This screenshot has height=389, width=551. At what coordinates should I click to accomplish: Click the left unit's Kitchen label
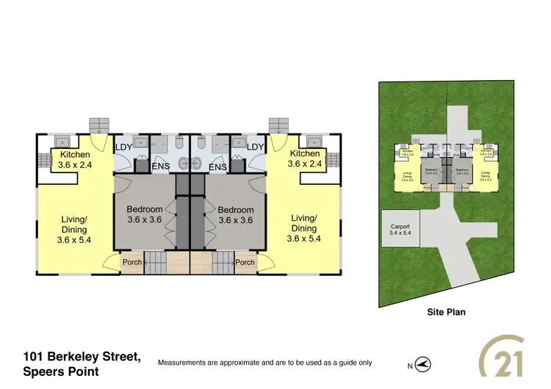[x=76, y=159]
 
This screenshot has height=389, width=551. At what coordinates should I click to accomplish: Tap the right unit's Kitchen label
[x=304, y=159]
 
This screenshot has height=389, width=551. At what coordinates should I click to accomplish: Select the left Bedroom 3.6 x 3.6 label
[x=144, y=214]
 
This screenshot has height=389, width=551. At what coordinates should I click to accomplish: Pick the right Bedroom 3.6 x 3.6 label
[x=236, y=214]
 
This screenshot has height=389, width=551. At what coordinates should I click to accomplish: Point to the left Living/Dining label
[x=76, y=228]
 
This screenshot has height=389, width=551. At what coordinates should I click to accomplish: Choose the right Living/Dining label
[x=303, y=228]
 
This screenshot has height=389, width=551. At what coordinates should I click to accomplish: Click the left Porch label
[x=132, y=262]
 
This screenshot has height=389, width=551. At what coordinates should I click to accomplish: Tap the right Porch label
[x=245, y=262]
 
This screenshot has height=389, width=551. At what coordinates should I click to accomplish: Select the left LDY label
[x=124, y=148]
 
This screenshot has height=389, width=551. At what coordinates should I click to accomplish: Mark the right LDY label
[x=255, y=148]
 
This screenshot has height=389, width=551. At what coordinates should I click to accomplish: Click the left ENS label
[x=160, y=167]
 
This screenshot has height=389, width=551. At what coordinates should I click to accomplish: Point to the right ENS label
[x=217, y=167]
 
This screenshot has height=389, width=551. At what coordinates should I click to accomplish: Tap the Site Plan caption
[x=446, y=312]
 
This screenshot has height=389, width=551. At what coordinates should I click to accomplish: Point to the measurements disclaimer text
[x=264, y=363]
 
